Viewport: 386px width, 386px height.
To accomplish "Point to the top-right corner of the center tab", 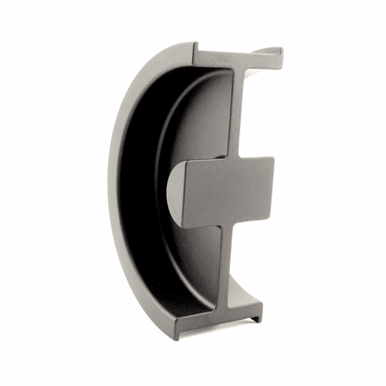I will pos(273,158).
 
